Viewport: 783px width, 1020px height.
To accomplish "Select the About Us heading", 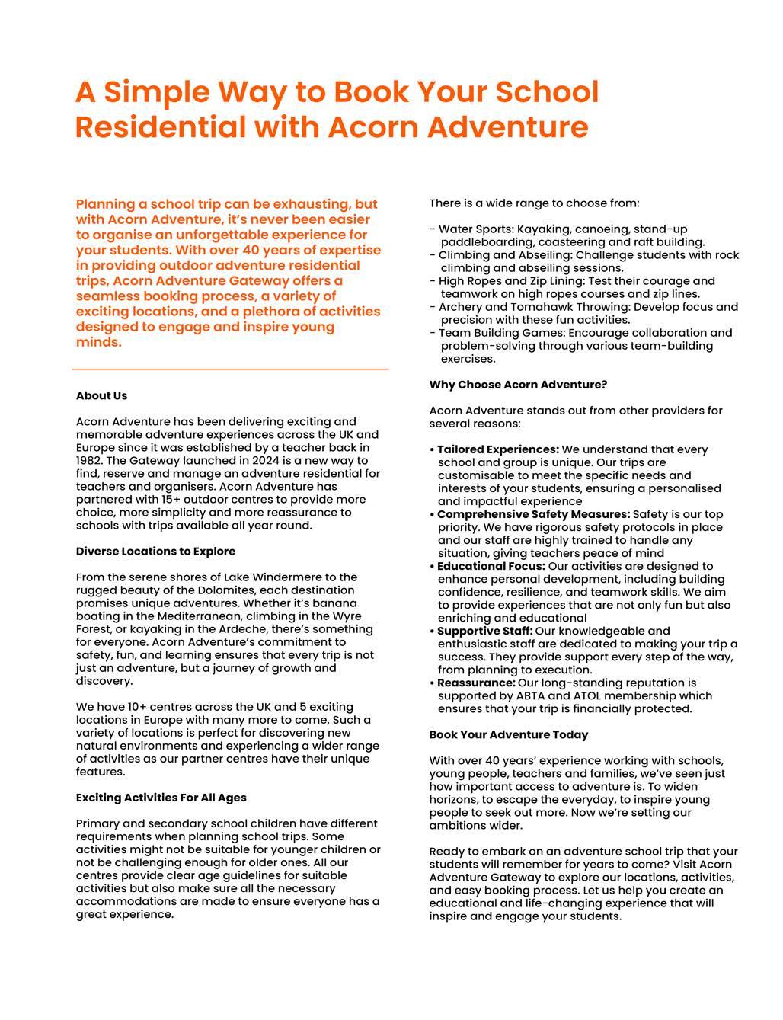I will (101, 395).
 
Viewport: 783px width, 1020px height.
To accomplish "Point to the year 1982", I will (90, 460).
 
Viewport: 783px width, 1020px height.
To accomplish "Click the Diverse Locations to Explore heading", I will (155, 551).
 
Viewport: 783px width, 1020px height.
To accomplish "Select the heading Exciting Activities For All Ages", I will (161, 798).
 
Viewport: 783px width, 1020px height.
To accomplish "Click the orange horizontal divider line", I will (230, 369).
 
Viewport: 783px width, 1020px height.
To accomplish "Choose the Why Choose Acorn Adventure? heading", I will (518, 384).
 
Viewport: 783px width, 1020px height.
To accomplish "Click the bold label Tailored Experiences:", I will (498, 449).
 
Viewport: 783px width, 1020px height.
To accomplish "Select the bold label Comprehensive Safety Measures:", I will (533, 514).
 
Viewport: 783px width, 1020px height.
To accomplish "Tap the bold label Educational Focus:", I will (491, 566).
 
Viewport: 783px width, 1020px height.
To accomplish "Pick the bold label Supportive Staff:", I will (485, 631).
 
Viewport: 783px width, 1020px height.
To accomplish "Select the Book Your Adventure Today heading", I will (509, 734).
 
